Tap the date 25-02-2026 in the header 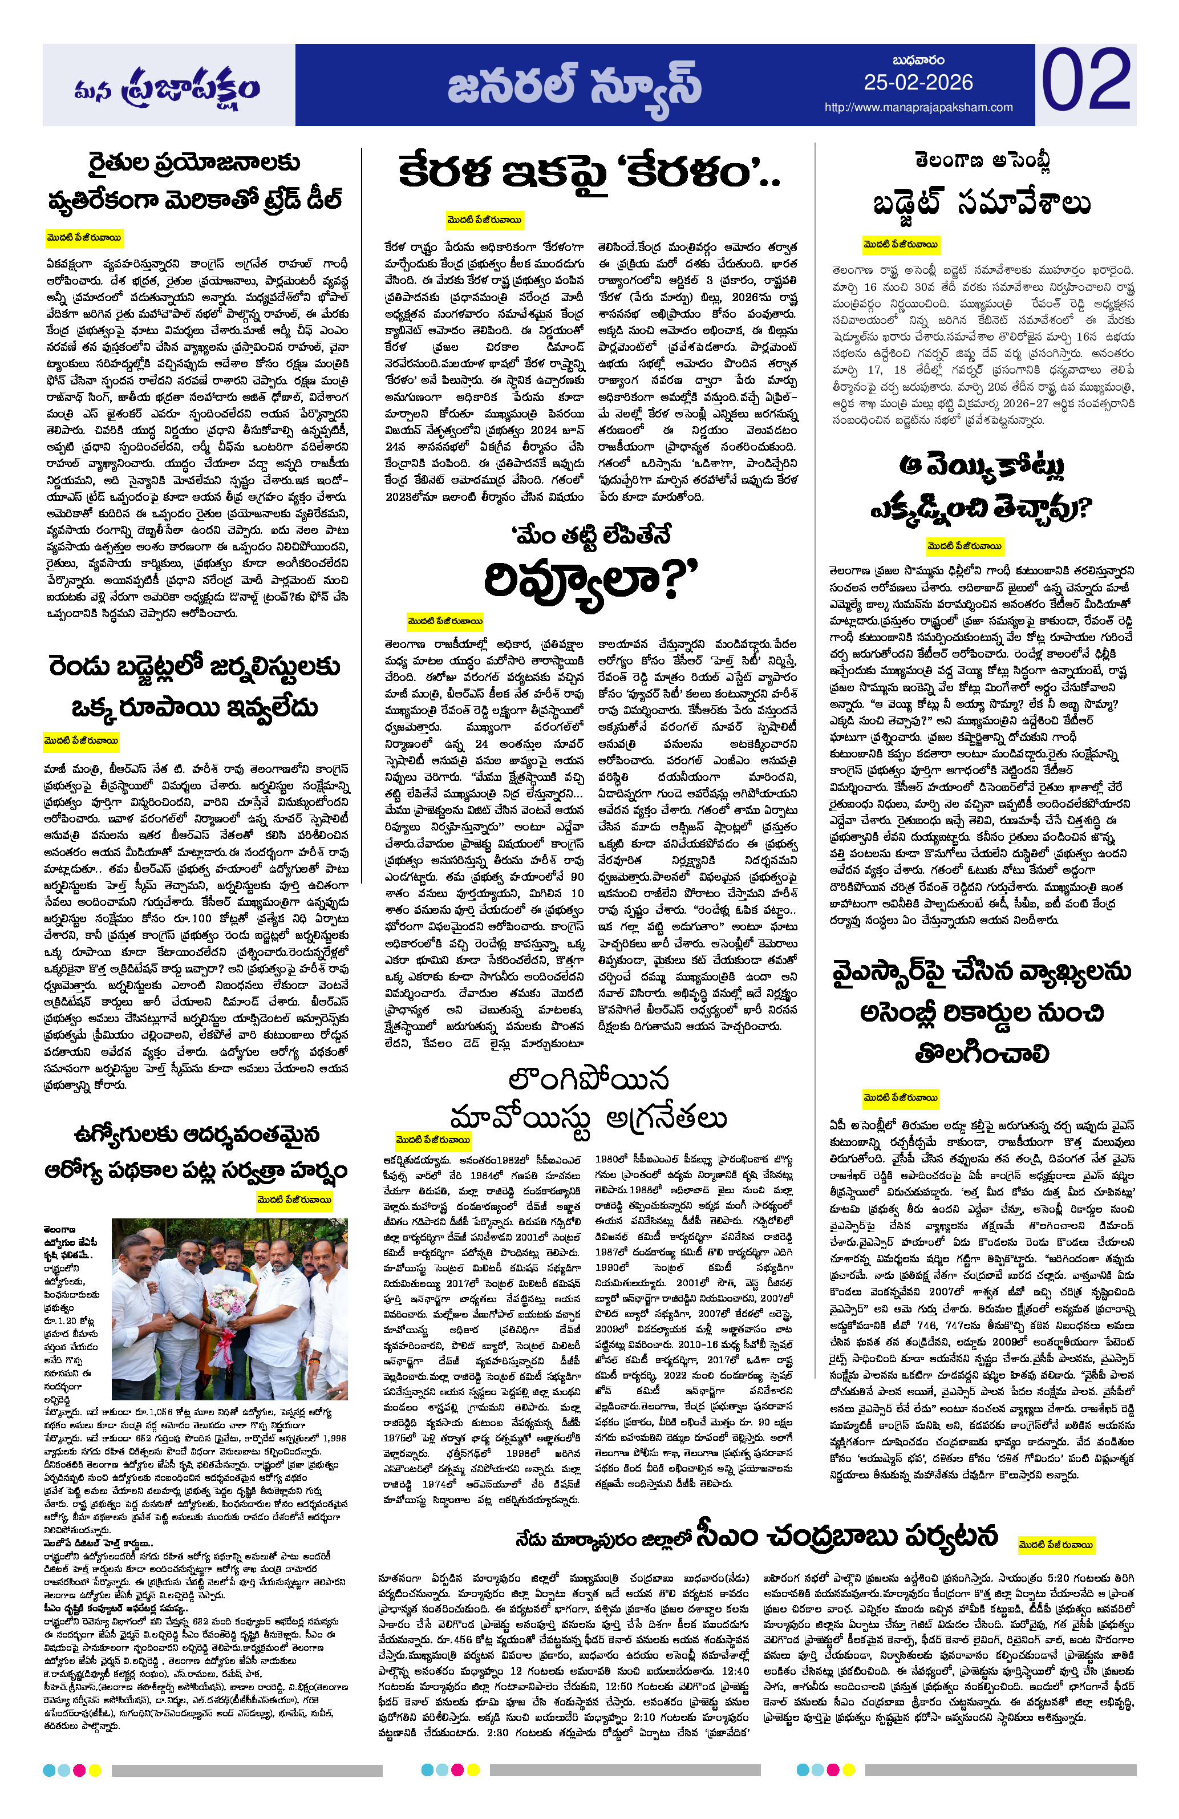point(918,83)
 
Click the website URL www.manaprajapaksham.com point(918,108)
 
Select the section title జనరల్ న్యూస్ point(574,86)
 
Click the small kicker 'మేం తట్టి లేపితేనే point(590,535)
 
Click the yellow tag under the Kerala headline point(484,220)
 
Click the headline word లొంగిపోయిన point(588,1079)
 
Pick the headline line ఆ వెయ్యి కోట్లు point(981,465)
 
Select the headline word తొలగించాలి point(981,1054)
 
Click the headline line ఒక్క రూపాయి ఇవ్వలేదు point(194,707)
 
